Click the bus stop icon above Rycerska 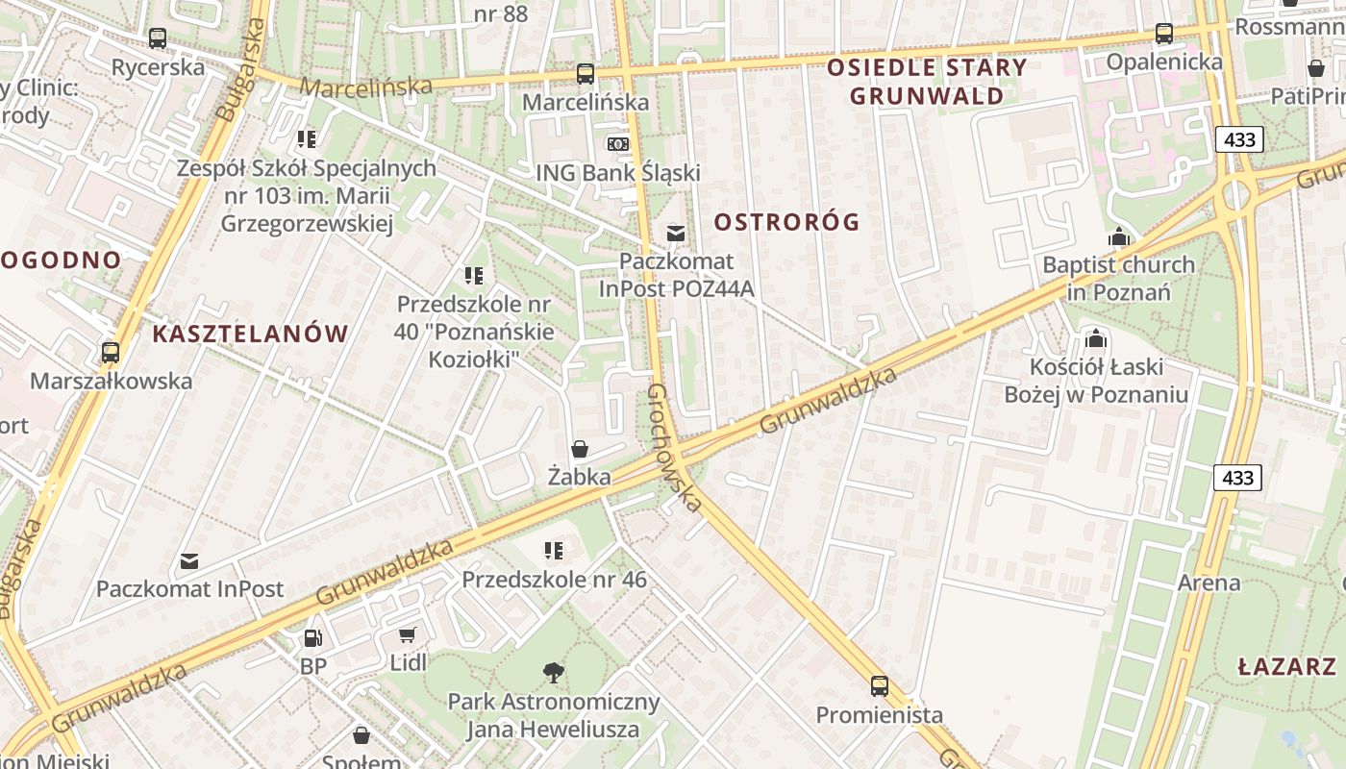158,38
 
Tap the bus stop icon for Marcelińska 585,73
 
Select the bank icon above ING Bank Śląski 617,143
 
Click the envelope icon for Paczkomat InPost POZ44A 676,233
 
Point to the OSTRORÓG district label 786,222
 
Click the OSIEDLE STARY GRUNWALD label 927,81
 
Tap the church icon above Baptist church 1118,236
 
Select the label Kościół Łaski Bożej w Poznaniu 1096,381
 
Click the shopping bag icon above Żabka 579,449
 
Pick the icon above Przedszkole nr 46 554,551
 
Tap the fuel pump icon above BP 312,637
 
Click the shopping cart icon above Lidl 408,634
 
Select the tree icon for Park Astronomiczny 553,672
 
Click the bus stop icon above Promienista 879,686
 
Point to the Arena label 1209,583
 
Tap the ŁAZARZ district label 1286,666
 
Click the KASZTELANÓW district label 250,334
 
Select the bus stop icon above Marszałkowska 111,352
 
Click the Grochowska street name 673,448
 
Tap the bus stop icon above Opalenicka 1164,34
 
